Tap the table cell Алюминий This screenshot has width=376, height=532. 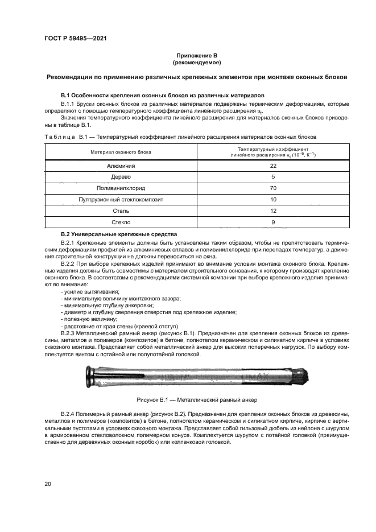[x=121, y=166]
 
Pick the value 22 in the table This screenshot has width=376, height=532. [x=273, y=166]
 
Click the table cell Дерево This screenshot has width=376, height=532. [x=121, y=177]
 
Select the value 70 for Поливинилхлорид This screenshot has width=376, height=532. [x=273, y=188]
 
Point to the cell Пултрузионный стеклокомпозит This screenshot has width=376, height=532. [x=121, y=200]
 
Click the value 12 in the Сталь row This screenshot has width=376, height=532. [x=273, y=211]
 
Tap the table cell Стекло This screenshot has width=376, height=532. [x=121, y=222]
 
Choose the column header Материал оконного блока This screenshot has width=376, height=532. [x=121, y=152]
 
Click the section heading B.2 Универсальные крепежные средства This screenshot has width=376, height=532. [x=119, y=234]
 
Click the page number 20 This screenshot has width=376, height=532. [x=47, y=484]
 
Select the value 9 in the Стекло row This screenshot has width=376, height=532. [x=273, y=222]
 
